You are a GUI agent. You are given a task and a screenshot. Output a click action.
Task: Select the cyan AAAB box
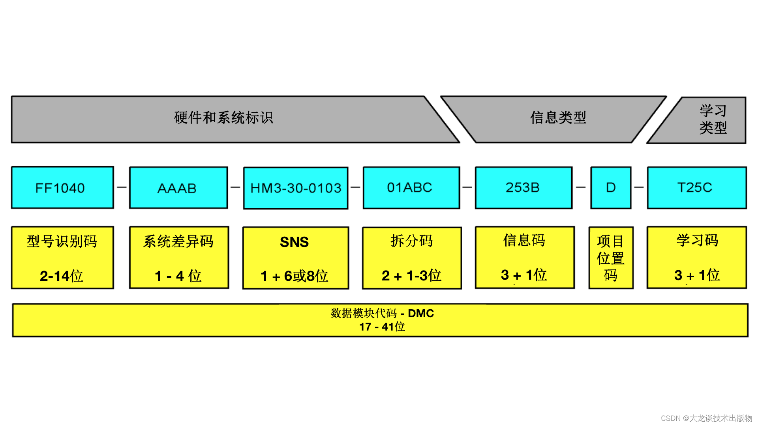pos(178,188)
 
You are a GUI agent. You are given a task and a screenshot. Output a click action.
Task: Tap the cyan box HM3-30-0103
pos(296,188)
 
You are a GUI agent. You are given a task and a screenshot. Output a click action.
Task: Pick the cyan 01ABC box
pos(411,188)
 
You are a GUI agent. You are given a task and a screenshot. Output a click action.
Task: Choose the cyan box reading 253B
pos(523,188)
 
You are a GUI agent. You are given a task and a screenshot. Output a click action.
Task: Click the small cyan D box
pos(611,188)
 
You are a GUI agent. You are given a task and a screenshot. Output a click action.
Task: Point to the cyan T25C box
pos(696,188)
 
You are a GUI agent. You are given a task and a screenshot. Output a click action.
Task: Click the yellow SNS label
pos(295,242)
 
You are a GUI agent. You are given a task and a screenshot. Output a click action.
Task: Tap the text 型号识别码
pos(62,241)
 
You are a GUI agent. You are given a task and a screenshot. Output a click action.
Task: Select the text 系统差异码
pos(178,241)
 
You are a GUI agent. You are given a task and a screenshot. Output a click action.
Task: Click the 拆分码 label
pos(412,241)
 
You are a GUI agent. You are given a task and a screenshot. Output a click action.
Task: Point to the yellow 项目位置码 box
pos(611,258)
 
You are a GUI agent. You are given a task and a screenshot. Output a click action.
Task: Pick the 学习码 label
pos(697,240)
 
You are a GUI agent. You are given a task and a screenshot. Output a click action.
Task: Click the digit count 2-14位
pos(62,276)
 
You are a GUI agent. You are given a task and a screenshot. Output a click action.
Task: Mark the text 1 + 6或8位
pos(295,276)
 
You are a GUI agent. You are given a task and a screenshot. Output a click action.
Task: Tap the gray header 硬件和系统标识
pos(223,118)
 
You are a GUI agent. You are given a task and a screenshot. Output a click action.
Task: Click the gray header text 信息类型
pos(558,118)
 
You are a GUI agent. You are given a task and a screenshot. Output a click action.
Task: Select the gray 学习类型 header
pos(713,119)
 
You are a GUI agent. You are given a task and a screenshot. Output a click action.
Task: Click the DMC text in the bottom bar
pos(421,314)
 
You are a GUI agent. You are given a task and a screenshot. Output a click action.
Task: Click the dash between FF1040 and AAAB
pos(122,187)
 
